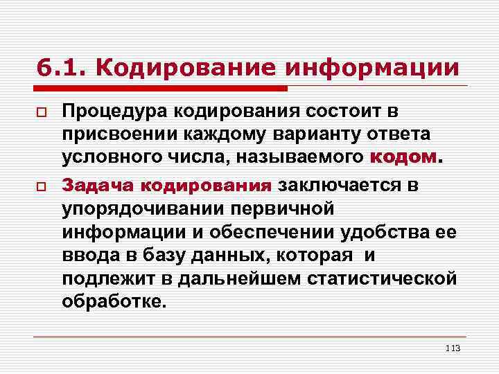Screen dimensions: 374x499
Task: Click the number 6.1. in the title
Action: (60, 68)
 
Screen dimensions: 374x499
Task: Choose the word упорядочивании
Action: (146, 208)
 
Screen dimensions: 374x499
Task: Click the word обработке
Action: (114, 301)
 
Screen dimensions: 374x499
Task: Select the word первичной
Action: (286, 208)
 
